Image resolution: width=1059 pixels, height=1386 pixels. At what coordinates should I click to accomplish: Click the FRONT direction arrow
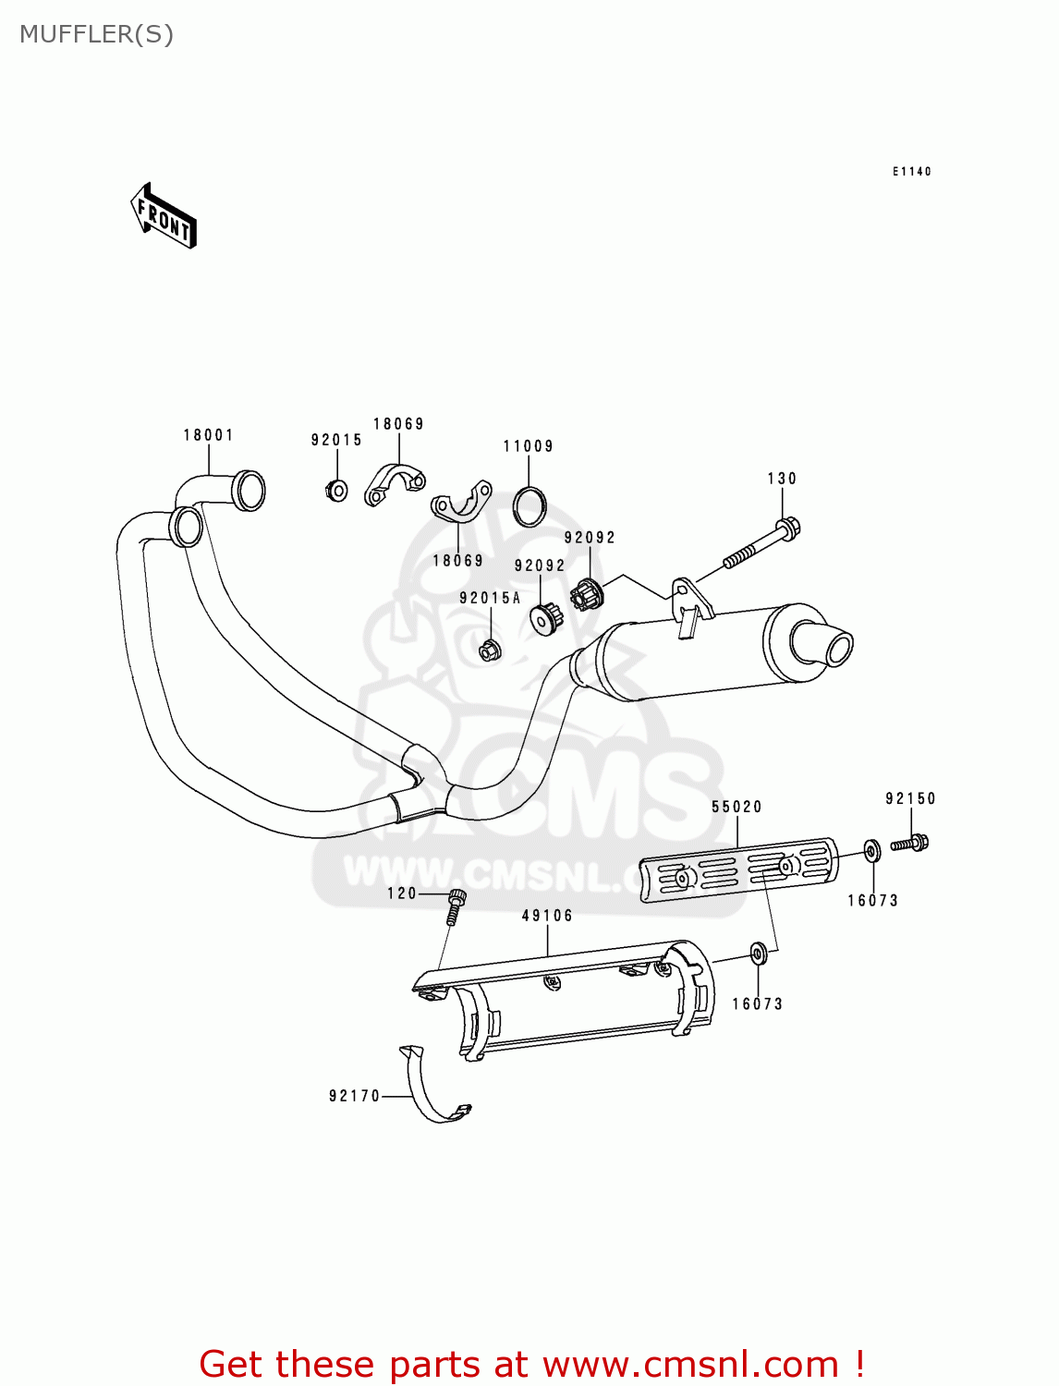click(x=164, y=215)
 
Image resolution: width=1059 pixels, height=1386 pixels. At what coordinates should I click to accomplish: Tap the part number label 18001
click(x=208, y=435)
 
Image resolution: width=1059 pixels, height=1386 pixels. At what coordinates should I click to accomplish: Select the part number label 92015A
click(x=490, y=599)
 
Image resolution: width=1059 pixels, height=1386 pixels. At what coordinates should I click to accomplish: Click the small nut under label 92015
click(x=337, y=490)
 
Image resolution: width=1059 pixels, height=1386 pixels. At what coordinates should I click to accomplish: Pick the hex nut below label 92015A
click(x=490, y=650)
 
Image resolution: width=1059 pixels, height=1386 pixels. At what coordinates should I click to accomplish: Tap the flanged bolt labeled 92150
click(x=910, y=843)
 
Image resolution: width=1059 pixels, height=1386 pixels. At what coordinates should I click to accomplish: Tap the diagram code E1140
click(x=911, y=172)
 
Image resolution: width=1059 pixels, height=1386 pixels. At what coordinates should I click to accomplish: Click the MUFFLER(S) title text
click(x=96, y=34)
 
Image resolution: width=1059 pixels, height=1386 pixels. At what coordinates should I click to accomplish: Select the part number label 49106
click(x=547, y=916)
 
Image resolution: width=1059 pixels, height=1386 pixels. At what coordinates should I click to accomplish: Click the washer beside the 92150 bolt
click(x=871, y=850)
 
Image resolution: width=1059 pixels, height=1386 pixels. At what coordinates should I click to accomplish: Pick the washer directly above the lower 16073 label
click(x=757, y=954)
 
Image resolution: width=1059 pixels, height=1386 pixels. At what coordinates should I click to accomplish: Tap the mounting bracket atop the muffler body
click(x=690, y=601)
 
